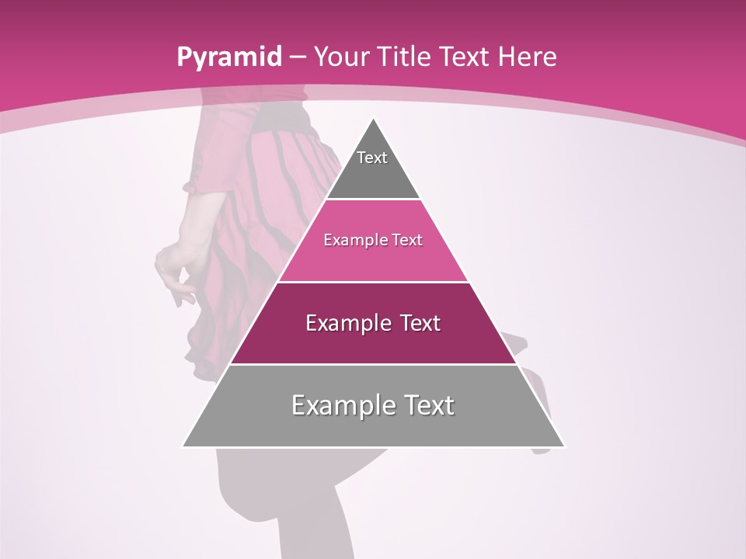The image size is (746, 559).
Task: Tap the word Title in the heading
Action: point(403,57)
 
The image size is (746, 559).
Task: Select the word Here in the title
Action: point(527,57)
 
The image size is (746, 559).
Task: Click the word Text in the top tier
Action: point(372,158)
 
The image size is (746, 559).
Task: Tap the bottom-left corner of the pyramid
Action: point(183,446)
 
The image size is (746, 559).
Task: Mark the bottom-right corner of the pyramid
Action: point(564,446)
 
